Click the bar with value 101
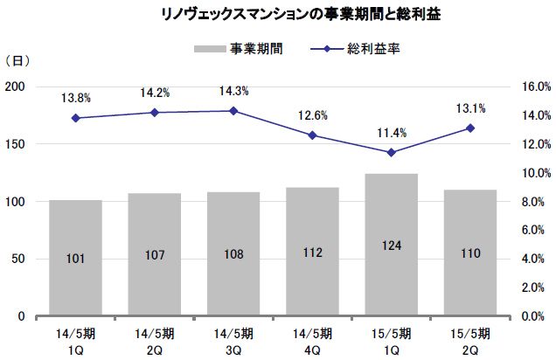coord(76,258)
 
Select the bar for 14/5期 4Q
coord(312,252)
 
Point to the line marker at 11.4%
coord(392,152)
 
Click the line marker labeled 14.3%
coord(233,111)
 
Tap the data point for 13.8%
coord(76,118)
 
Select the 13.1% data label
coord(470,108)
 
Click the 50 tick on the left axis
coord(17,260)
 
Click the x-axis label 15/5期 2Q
coord(470,339)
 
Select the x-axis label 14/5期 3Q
coord(233,339)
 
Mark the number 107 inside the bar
coord(155,259)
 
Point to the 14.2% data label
coord(155,92)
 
